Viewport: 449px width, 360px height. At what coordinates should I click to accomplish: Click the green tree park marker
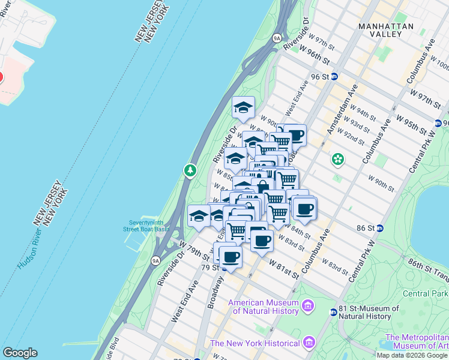tap(190, 171)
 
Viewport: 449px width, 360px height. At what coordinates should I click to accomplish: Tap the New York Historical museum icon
tap(309, 343)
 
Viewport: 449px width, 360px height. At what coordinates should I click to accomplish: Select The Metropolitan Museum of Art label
tap(417, 341)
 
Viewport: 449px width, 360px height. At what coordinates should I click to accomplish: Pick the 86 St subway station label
tap(366, 228)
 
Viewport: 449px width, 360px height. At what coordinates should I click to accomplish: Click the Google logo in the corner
tap(20, 353)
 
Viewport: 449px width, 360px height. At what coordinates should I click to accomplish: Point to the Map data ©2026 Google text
tap(412, 355)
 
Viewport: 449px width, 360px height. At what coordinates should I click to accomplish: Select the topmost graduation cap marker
tap(243, 107)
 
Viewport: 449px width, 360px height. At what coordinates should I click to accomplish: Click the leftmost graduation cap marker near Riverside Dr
tap(199, 216)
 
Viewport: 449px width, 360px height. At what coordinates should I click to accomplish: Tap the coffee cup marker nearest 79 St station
tap(231, 257)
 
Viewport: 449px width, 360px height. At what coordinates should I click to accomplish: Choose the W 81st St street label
tap(283, 268)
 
